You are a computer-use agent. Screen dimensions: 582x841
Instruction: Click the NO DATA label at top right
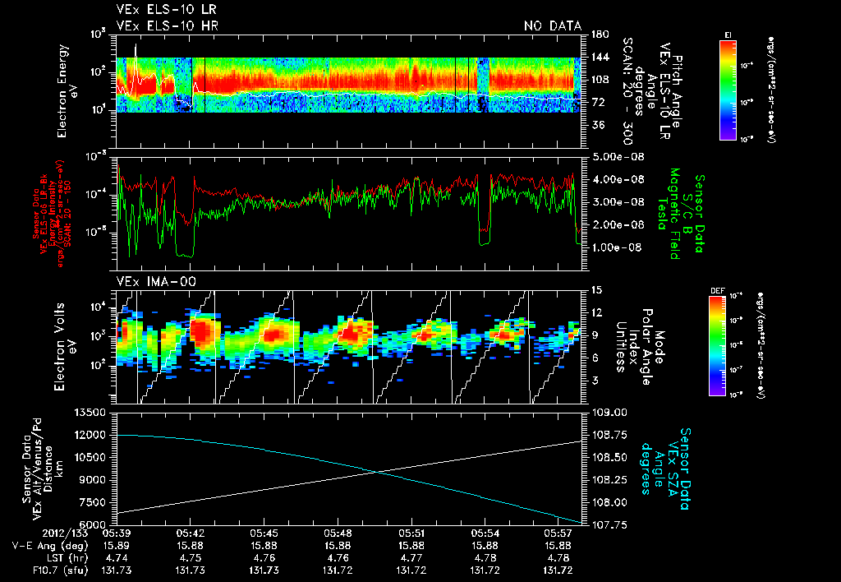[x=552, y=26]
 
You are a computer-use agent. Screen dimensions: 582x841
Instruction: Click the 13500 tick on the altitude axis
[x=91, y=412]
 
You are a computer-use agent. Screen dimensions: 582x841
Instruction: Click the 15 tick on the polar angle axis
[x=596, y=290]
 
